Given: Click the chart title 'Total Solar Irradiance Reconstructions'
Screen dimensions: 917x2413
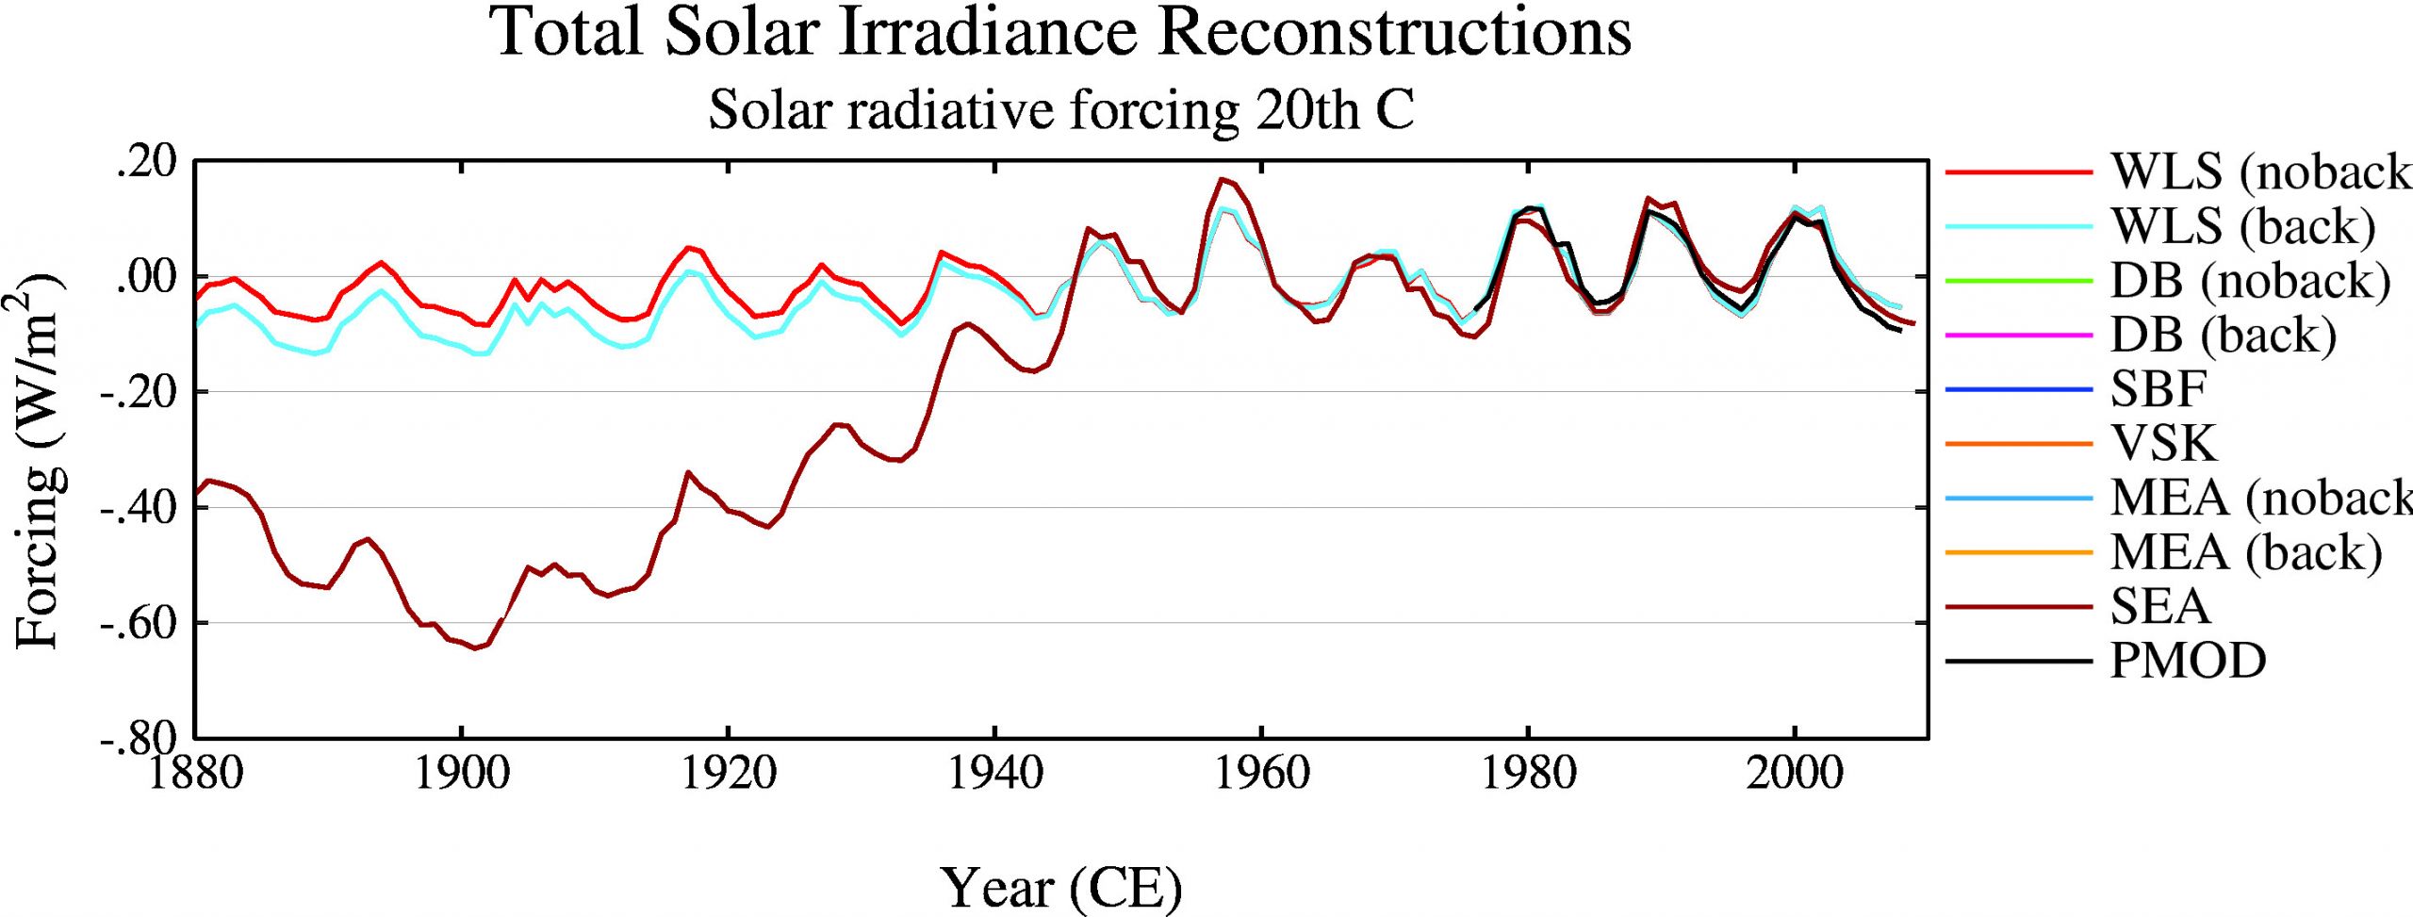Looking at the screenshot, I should click(1060, 32).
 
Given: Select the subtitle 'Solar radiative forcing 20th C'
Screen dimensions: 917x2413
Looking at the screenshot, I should click(1060, 110).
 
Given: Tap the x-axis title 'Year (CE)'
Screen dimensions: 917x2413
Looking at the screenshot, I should click(1060, 887).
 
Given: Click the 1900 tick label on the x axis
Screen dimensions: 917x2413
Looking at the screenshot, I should click(461, 774).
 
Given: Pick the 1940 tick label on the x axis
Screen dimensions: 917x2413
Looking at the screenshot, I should click(994, 774).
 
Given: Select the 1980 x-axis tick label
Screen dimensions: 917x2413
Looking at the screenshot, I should click(1528, 774).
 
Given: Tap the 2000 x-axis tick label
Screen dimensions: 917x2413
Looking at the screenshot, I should click(1795, 774).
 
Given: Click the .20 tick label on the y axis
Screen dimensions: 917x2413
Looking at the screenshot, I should click(146, 162).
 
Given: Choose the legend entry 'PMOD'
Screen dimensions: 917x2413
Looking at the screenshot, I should click(2188, 661).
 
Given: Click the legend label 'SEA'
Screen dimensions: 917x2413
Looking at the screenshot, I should click(2159, 606).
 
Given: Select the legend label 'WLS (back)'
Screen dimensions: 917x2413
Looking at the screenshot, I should click(2242, 226).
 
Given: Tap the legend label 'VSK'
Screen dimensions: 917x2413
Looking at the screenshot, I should click(2163, 443).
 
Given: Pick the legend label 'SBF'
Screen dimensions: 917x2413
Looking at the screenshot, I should click(2158, 388).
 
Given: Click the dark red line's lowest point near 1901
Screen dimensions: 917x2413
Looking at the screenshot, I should click(475, 647).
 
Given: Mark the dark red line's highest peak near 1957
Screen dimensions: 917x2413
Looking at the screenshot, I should click(1222, 178).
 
